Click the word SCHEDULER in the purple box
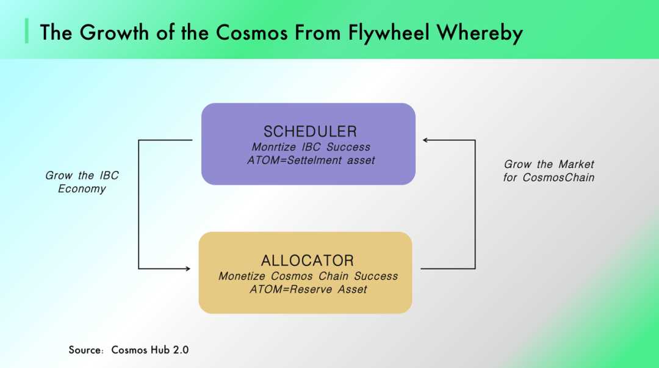click(310, 132)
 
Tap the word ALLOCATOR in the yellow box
click(307, 261)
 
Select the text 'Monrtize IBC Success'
click(311, 147)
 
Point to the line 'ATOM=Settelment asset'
click(311, 161)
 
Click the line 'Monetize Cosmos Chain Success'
click(308, 276)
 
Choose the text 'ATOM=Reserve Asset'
click(308, 289)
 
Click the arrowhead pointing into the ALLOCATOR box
click(188, 269)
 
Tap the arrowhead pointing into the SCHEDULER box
click(425, 140)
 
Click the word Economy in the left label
click(82, 189)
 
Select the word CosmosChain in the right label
click(558, 178)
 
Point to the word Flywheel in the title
click(389, 33)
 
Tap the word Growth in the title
click(114, 33)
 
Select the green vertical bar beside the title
click(27, 31)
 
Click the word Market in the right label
click(576, 164)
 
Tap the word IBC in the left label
click(109, 175)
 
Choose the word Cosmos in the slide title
click(252, 33)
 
